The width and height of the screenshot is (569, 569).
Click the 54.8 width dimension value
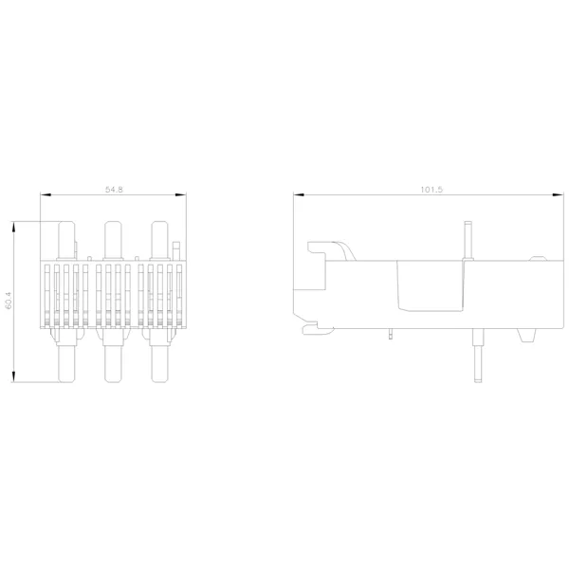tap(114, 190)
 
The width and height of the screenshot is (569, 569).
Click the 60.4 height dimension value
tap(9, 301)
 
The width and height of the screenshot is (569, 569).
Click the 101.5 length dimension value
tap(431, 190)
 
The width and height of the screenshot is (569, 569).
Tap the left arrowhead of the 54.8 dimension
tap(46, 194)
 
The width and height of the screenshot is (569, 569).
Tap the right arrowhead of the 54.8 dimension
tap(180, 194)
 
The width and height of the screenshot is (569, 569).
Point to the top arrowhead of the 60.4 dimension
tap(13, 227)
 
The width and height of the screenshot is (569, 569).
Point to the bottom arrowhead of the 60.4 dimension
tap(13, 376)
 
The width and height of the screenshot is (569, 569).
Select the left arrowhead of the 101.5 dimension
tap(299, 194)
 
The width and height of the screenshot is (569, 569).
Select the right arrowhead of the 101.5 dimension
tap(559, 194)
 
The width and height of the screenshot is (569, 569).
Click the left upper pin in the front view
tap(66, 241)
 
